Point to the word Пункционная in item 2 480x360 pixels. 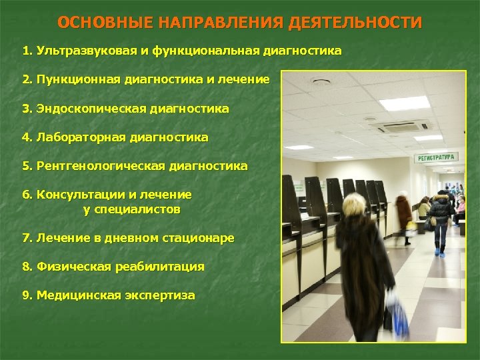click(79, 79)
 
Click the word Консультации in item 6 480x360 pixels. click(80, 195)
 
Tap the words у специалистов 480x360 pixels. click(131, 209)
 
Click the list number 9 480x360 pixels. click(26, 295)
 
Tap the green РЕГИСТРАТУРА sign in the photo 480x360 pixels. click(436, 157)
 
